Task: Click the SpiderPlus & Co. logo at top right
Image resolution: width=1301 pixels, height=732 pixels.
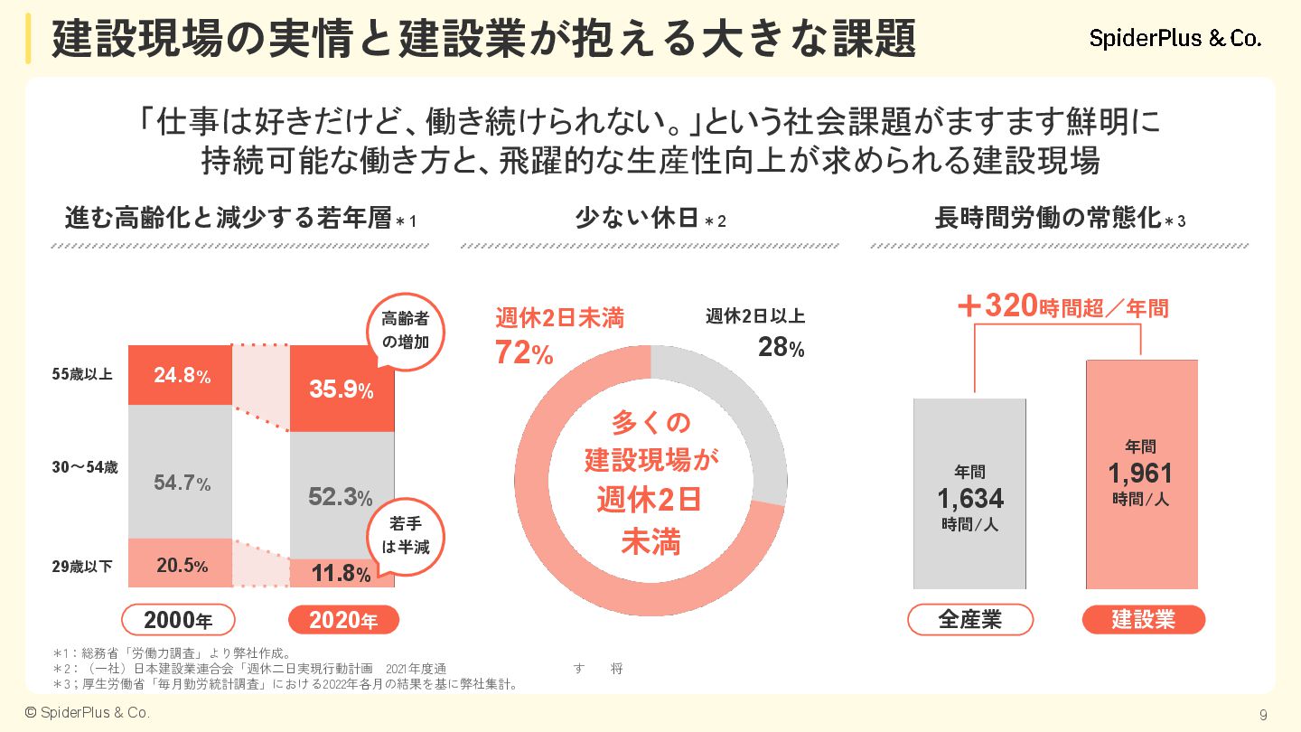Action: coord(1175,39)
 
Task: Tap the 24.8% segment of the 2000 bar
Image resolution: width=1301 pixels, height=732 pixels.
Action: coord(181,375)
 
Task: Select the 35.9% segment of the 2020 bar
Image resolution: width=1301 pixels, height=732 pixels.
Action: coord(342,389)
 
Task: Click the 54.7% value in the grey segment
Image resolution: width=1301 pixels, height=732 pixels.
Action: coord(182,483)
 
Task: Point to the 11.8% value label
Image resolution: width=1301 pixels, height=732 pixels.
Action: coord(341,574)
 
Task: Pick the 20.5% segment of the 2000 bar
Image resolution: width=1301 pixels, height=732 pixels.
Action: coord(181,566)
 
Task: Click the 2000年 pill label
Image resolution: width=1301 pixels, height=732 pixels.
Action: coord(178,620)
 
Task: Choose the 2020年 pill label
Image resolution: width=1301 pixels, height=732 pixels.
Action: coord(343,620)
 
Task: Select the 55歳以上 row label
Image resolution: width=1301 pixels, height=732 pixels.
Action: coord(82,374)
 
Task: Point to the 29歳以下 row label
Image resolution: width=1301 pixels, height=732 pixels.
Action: coord(82,567)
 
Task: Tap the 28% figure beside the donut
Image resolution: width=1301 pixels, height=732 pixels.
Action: coord(781,347)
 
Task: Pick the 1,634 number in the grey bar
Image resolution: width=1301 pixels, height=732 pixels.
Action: coord(970,498)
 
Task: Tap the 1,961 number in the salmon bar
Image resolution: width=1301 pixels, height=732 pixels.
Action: coord(1140,473)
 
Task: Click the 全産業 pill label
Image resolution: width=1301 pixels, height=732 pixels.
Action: coord(970,620)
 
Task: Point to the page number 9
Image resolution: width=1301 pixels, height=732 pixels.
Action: coord(1263,715)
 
